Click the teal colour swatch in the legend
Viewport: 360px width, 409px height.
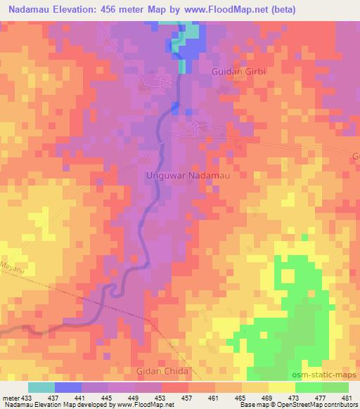(x=41, y=387)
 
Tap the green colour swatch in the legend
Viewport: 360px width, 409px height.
(x=322, y=387)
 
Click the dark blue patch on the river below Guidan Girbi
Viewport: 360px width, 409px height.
(x=175, y=107)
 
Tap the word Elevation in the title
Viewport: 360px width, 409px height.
(x=73, y=10)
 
